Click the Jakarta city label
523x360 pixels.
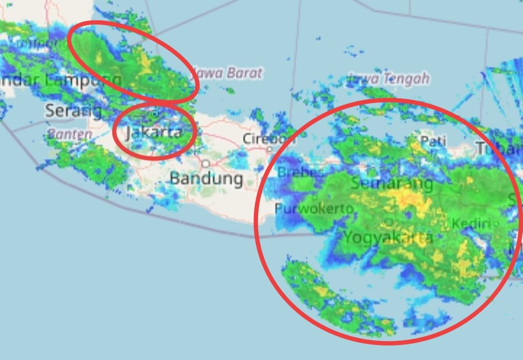click(x=154, y=132)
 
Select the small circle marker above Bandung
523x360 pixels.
click(x=206, y=163)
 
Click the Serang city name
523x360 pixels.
click(x=74, y=111)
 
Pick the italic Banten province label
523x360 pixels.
click(x=70, y=134)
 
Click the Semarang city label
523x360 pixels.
click(x=392, y=183)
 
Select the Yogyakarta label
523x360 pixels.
click(x=388, y=238)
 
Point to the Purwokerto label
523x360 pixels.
click(x=314, y=209)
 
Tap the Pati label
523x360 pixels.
click(x=432, y=141)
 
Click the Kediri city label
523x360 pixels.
click(x=474, y=224)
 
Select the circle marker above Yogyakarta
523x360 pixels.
click(x=388, y=222)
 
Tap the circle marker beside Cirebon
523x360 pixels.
click(x=269, y=150)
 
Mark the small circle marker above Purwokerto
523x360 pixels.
click(x=315, y=197)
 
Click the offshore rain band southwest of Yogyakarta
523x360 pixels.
click(x=334, y=300)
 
